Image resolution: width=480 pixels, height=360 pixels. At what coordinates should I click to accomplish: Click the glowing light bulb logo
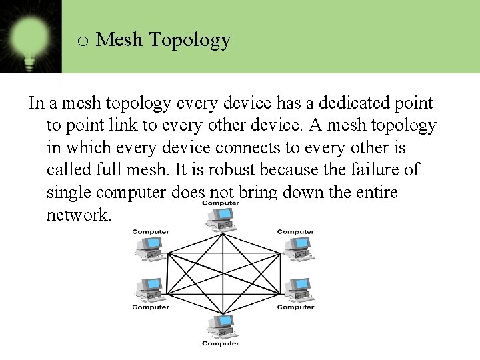tap(30, 36)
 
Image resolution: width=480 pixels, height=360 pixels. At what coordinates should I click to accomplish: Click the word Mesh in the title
tap(119, 40)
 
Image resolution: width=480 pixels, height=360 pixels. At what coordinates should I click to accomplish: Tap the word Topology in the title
tap(190, 41)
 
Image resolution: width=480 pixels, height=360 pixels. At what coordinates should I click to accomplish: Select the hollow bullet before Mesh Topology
tap(83, 41)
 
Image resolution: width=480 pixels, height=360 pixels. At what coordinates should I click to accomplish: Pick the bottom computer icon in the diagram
tap(220, 327)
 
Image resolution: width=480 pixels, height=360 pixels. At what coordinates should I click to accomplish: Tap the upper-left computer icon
tap(150, 247)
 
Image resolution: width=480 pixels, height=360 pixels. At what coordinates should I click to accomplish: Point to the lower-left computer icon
tap(150, 290)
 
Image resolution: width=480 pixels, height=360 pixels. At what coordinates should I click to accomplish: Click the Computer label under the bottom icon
tap(221, 344)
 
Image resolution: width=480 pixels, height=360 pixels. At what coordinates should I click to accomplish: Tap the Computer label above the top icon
tap(221, 203)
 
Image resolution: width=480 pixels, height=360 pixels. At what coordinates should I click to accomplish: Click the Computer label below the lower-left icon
tap(151, 307)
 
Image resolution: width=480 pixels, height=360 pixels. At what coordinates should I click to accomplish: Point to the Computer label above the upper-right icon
tap(295, 232)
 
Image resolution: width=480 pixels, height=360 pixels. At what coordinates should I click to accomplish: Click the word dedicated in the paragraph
tap(356, 103)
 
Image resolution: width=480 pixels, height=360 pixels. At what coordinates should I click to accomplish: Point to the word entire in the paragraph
tap(369, 193)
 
